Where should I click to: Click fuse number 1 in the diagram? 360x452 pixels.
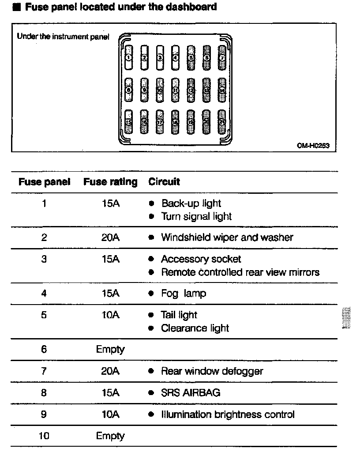[x=128, y=57]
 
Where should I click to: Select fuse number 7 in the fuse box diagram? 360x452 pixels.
[x=222, y=57]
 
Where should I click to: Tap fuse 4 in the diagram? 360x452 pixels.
[x=175, y=57]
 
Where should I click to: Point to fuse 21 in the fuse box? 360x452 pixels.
[x=222, y=121]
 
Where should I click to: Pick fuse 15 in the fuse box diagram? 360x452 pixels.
[x=128, y=121]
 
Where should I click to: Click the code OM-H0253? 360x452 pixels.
[x=313, y=145]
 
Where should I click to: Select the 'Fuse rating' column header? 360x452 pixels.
[x=110, y=182]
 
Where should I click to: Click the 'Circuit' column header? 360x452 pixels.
[x=164, y=182]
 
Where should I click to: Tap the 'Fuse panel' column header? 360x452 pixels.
[x=44, y=182]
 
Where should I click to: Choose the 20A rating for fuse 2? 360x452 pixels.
[x=110, y=237]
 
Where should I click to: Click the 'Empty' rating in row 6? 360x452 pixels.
[x=110, y=350]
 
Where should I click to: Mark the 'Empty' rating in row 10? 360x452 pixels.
[x=110, y=436]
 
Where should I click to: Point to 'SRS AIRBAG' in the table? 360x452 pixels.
[x=191, y=392]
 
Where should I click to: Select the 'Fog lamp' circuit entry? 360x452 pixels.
[x=184, y=294]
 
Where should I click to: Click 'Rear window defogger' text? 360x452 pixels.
[x=212, y=371]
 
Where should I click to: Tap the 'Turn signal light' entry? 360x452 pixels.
[x=196, y=216]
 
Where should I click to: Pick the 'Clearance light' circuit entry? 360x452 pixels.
[x=195, y=328]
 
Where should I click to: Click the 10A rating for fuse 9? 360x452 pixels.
[x=110, y=414]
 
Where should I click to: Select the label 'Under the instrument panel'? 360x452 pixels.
[x=63, y=37]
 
